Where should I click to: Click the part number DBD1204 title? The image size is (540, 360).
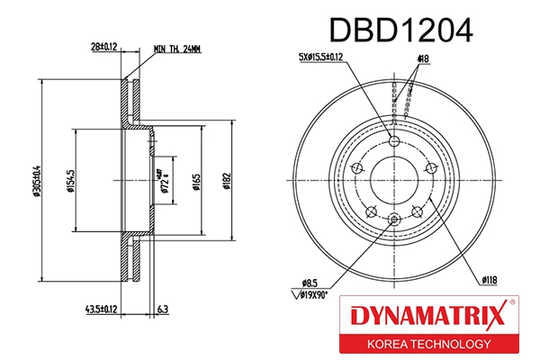tap(400, 31)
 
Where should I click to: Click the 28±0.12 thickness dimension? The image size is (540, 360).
tap(103, 46)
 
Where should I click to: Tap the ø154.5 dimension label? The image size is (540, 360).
tap(68, 180)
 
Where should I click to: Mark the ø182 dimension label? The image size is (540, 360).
tap(229, 182)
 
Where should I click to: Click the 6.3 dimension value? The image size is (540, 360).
tap(161, 310)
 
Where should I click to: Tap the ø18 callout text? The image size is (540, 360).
tap(421, 58)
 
